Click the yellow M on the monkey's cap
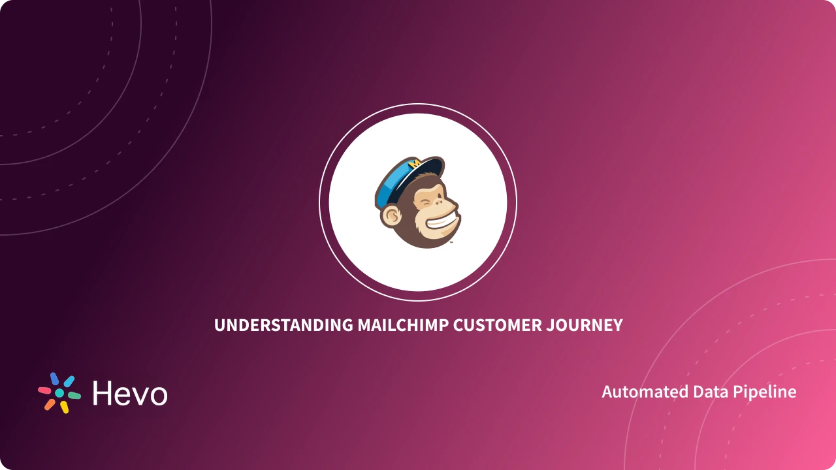pos(414,164)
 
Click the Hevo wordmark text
pos(130,394)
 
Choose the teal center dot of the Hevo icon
pos(59,393)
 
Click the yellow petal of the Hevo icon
pos(64,407)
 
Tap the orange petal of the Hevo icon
pos(50,405)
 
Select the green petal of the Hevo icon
pos(74,395)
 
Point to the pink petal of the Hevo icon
pos(44,390)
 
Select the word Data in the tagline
pos(711,392)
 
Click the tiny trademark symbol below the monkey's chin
pos(451,242)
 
